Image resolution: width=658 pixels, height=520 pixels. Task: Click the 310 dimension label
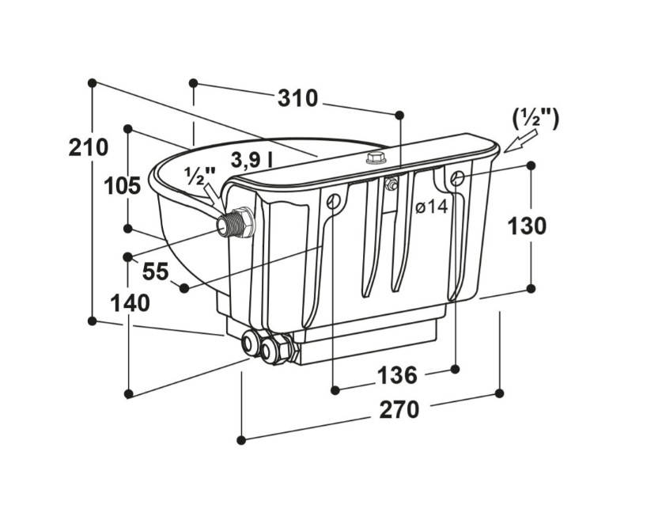tap(297, 98)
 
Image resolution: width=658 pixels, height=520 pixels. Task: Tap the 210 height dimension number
tap(88, 147)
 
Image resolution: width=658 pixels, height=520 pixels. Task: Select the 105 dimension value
tap(122, 186)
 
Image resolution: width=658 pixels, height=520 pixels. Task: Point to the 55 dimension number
tap(155, 271)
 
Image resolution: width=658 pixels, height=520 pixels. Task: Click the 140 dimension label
tap(130, 303)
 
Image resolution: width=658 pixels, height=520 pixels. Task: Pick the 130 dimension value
tap(527, 226)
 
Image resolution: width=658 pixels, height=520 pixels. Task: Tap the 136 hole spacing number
tap(397, 374)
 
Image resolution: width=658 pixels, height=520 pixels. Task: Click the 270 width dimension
tap(399, 409)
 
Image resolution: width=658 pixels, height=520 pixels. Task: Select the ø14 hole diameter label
tap(432, 207)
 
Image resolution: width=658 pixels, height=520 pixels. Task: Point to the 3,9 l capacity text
tap(251, 160)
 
